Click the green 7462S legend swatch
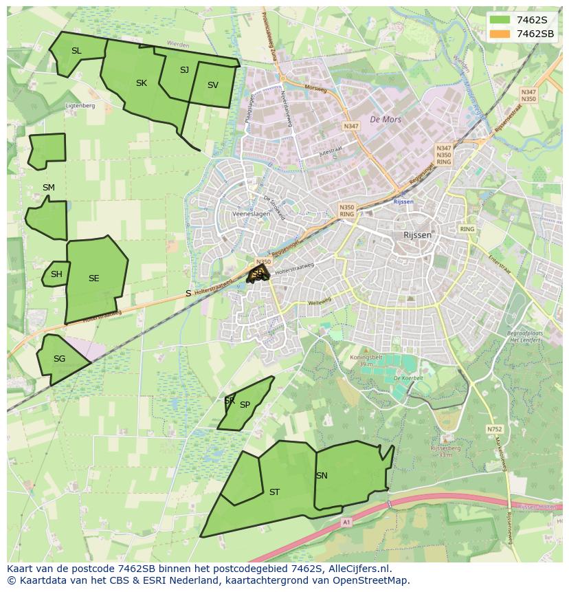click(501, 19)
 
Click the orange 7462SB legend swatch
click(501, 34)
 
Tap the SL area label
click(76, 51)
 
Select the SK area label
click(142, 83)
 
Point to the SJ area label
click(184, 70)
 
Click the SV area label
click(212, 85)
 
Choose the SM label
click(48, 188)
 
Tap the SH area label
click(56, 274)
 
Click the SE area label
click(94, 278)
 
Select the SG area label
click(59, 359)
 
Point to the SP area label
click(245, 405)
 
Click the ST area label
click(274, 492)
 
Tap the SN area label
click(322, 476)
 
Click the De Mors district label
click(385, 120)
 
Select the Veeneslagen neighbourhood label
click(251, 214)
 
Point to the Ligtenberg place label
click(80, 106)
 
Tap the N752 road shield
click(494, 429)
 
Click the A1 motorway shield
click(346, 523)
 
